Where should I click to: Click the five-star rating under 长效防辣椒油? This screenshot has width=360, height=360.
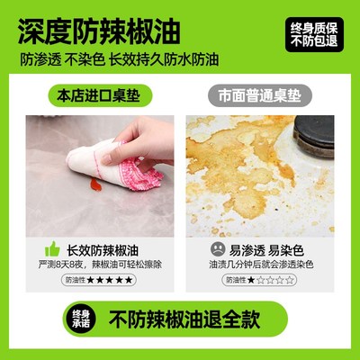click(x=110, y=281)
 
